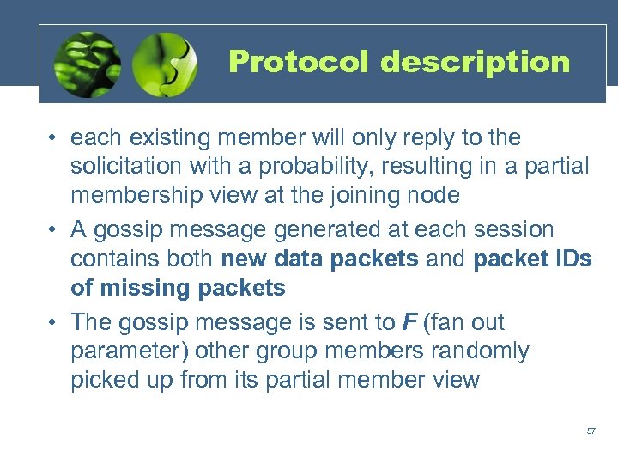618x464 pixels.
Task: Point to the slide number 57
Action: [591, 430]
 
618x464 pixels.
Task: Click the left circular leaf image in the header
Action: [87, 64]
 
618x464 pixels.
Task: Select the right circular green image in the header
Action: [166, 64]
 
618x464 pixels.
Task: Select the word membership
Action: [138, 195]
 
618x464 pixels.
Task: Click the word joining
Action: [352, 195]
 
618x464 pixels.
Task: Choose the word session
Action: [513, 229]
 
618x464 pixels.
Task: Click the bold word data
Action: [310, 259]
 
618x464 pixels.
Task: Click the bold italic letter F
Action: [409, 322]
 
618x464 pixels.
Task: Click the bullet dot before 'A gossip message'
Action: [53, 230]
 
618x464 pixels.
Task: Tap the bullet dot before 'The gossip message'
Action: [53, 323]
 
